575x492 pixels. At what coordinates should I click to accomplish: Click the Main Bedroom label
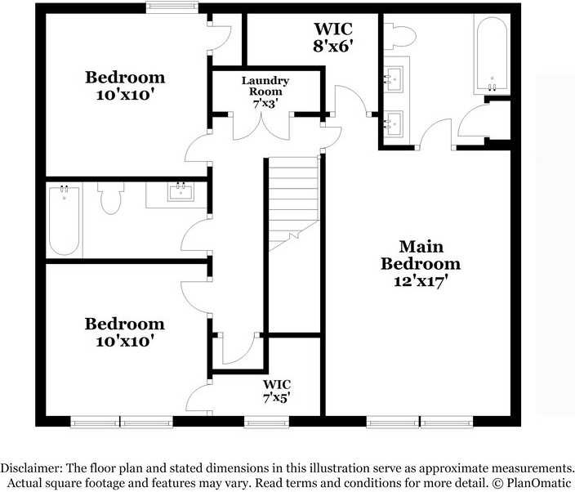click(421, 255)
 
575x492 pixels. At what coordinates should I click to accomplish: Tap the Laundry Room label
click(264, 87)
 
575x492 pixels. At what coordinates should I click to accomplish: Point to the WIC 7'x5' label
click(276, 391)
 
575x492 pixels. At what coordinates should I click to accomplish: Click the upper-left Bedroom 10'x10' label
click(125, 86)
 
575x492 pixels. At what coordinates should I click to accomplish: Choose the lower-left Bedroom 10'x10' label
click(124, 332)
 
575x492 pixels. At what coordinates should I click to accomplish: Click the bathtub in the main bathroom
click(493, 56)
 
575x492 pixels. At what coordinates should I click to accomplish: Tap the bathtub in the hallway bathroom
click(65, 221)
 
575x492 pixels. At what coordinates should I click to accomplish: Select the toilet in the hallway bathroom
click(110, 199)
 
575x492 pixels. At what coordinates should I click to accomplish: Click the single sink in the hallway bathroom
click(179, 193)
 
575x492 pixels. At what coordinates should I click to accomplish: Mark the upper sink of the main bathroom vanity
click(394, 79)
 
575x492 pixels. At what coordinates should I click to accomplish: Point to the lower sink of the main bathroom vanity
click(394, 123)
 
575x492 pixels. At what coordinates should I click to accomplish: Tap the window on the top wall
click(172, 8)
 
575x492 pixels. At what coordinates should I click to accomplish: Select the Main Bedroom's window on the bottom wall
click(420, 422)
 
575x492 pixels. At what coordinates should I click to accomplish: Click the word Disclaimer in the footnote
click(29, 467)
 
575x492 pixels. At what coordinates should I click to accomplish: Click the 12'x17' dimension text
click(420, 281)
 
